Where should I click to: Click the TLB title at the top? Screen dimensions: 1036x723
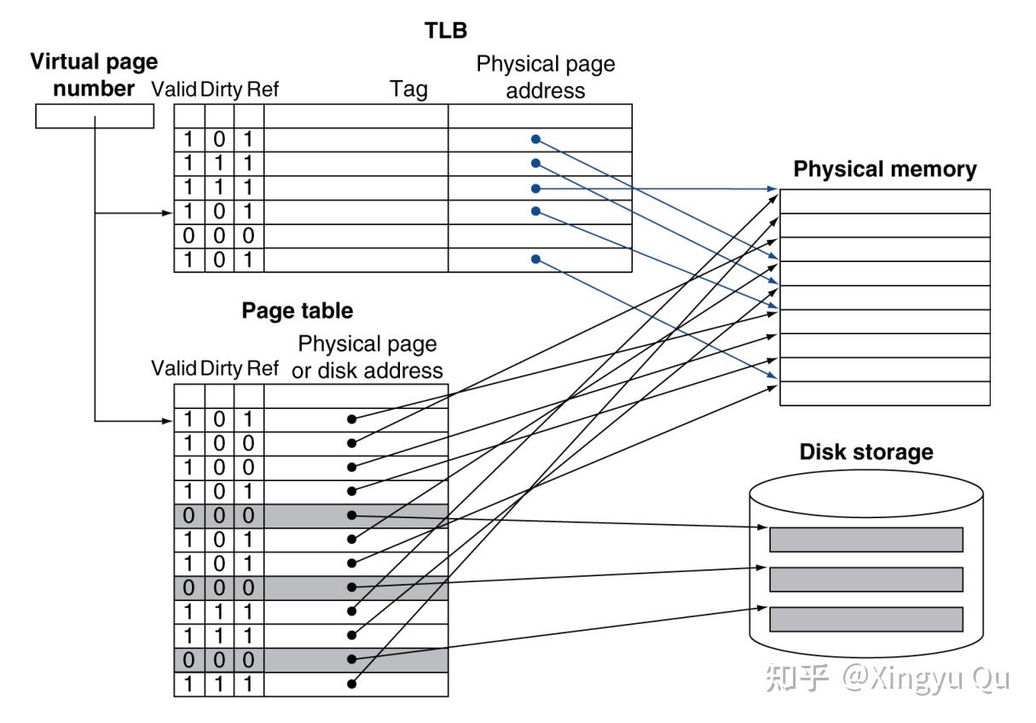coord(445,31)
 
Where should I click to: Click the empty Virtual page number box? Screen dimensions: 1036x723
coord(95,116)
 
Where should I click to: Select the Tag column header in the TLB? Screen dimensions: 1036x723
coord(408,90)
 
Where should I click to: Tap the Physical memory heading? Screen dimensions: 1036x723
coord(885,169)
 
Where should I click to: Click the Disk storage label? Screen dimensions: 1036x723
coord(866,452)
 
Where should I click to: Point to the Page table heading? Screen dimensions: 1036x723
coord(298,311)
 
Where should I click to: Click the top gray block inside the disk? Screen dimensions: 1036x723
coord(866,539)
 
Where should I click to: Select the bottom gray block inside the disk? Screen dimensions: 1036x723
coord(866,620)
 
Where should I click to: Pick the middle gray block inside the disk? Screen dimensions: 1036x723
coord(866,580)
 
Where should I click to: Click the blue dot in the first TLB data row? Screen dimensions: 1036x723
coord(535,139)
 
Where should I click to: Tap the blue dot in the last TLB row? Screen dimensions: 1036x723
coord(535,259)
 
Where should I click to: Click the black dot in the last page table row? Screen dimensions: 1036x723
coord(351,684)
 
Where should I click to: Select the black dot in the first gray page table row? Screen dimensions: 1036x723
coord(351,516)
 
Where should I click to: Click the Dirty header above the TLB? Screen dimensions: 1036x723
coord(221,90)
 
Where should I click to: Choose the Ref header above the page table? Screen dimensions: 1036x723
coord(263,369)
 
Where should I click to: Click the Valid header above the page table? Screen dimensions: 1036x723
coord(174,369)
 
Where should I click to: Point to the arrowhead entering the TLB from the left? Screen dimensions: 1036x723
coord(167,213)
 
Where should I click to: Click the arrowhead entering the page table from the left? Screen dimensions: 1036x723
coord(167,421)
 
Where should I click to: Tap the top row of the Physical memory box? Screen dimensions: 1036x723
coord(885,201)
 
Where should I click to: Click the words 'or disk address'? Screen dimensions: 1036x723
coord(368,370)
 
